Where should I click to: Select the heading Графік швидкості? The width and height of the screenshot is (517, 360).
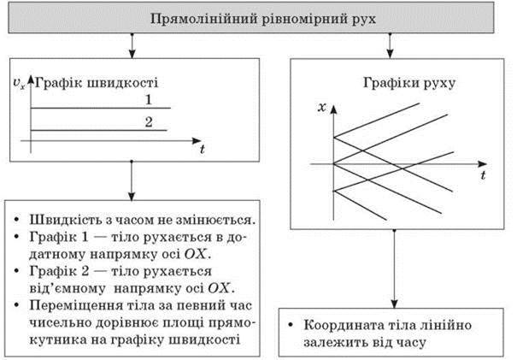(x=97, y=82)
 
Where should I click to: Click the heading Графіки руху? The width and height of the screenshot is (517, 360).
(x=409, y=82)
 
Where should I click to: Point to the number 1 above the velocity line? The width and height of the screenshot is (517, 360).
(x=149, y=99)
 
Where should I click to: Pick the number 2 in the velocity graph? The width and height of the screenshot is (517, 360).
(x=149, y=122)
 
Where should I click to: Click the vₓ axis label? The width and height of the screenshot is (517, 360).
(x=19, y=83)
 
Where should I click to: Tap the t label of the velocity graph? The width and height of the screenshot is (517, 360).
(x=203, y=149)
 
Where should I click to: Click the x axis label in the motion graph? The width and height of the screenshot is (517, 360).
(x=322, y=107)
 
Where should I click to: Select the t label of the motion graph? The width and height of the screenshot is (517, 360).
(x=483, y=175)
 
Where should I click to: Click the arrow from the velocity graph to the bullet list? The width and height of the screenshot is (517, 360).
(x=132, y=180)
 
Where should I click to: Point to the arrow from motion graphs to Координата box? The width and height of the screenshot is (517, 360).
(x=394, y=269)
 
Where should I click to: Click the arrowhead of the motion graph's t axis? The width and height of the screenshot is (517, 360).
(x=482, y=164)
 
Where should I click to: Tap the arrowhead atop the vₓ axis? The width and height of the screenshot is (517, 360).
(x=31, y=80)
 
